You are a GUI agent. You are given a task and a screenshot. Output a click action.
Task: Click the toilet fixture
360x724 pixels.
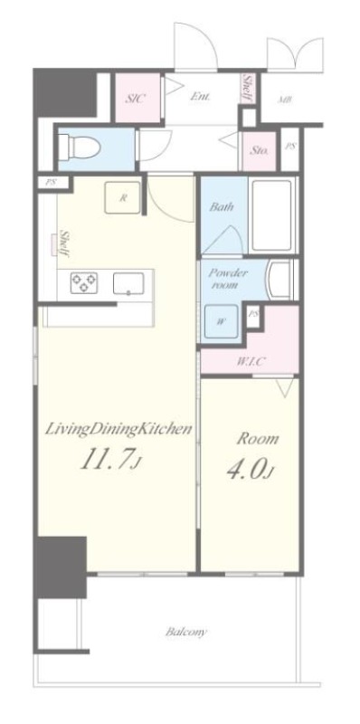click(x=81, y=146)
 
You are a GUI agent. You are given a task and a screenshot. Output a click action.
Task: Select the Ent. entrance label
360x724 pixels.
click(x=201, y=98)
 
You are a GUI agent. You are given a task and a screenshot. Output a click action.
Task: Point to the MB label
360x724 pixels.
click(x=286, y=100)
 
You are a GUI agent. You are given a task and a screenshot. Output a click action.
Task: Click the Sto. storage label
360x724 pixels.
click(x=260, y=150)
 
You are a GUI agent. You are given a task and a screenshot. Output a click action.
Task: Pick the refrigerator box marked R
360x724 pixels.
click(x=122, y=197)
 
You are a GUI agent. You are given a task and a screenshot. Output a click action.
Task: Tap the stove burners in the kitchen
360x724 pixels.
click(x=84, y=282)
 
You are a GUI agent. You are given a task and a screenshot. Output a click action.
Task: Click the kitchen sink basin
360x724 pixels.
click(x=128, y=282)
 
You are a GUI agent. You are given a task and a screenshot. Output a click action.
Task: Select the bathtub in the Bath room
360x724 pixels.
click(x=272, y=214)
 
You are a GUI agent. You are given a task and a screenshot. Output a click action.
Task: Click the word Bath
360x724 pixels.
click(x=222, y=206)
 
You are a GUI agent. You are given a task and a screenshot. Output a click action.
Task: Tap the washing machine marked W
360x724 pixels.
click(x=221, y=322)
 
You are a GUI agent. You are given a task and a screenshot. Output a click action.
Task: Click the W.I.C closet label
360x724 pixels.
click(x=251, y=361)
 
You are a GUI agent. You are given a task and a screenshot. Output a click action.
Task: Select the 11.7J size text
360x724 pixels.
click(x=109, y=460)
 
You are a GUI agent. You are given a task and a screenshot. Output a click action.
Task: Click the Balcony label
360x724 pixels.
click(x=186, y=632)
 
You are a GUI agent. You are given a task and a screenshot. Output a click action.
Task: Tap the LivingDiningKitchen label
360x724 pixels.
click(x=118, y=430)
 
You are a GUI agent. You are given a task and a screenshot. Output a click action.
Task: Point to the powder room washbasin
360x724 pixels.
click(x=279, y=280)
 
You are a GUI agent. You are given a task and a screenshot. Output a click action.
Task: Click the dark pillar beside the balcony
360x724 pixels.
click(x=62, y=567)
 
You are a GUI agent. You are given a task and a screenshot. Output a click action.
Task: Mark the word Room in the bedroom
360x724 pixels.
click(x=258, y=439)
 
